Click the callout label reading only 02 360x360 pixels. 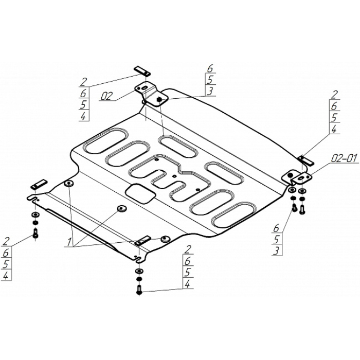coord(106,96)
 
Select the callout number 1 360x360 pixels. coord(69,242)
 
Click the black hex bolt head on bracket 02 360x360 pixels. coord(159,99)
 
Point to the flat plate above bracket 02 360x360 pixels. coord(142,71)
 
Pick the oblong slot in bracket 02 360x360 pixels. coord(145,88)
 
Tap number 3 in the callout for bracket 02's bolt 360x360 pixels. coord(210,91)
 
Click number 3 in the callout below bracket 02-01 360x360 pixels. coord(277,251)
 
